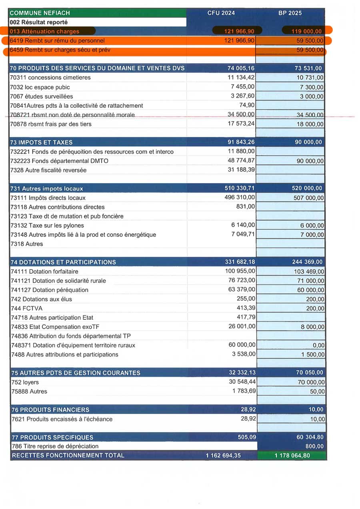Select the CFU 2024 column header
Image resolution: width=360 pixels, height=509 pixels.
221,13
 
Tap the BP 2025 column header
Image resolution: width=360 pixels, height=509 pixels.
290,13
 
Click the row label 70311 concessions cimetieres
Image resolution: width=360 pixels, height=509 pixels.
50,78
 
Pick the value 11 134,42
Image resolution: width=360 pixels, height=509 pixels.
241,78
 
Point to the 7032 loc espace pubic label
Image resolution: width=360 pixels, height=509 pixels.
40,87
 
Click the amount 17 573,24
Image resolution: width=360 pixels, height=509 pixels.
241,124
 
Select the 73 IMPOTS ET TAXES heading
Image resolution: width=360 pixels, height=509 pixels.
42,142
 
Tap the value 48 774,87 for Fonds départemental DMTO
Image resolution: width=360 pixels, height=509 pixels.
241,161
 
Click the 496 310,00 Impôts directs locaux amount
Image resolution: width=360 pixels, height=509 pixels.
240,198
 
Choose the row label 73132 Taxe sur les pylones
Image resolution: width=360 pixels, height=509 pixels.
47,226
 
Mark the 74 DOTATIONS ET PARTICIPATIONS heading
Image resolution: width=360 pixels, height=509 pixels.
63,262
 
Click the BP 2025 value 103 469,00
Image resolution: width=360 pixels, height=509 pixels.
309,272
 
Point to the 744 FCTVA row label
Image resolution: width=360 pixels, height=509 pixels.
27,309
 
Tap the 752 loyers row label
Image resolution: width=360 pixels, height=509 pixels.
25,382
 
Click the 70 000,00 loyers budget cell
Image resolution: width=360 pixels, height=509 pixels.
311,383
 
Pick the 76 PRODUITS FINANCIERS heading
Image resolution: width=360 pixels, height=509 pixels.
50,410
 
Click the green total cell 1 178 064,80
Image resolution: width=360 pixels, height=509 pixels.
292,455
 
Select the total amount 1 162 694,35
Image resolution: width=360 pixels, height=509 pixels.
223,455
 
